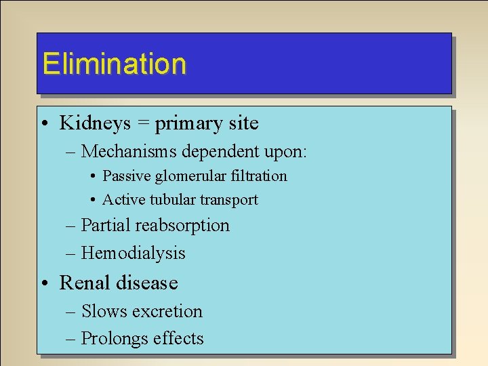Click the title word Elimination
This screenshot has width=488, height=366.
[x=114, y=64]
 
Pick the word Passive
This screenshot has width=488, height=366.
[x=126, y=176]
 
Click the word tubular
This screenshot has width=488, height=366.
[x=171, y=200]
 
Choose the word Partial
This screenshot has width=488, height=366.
[x=106, y=226]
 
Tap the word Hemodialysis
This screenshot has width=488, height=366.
[x=133, y=253]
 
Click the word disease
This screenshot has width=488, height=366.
[x=146, y=283]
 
